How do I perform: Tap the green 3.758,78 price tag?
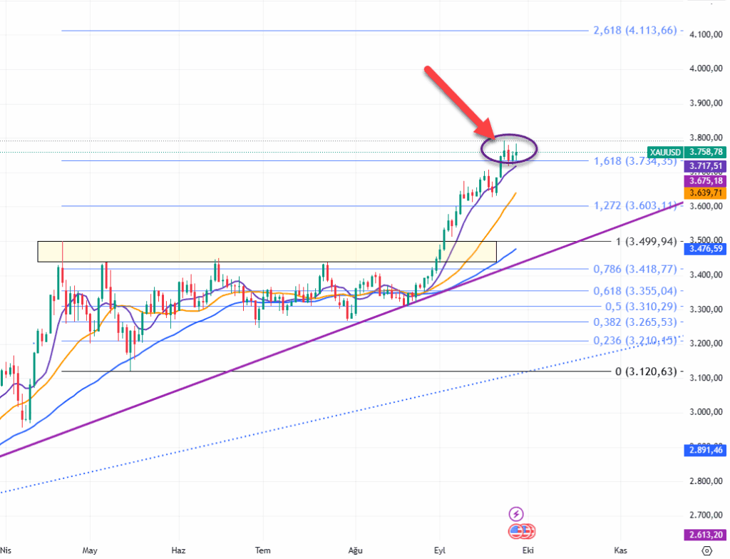click(706, 152)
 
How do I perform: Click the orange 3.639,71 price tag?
click(706, 193)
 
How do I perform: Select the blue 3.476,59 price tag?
click(706, 249)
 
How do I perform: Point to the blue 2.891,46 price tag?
click(706, 450)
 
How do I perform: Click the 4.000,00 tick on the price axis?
click(706, 68)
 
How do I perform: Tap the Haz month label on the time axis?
click(179, 550)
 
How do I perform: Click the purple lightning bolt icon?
click(517, 513)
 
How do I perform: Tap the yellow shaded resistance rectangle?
click(266, 251)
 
